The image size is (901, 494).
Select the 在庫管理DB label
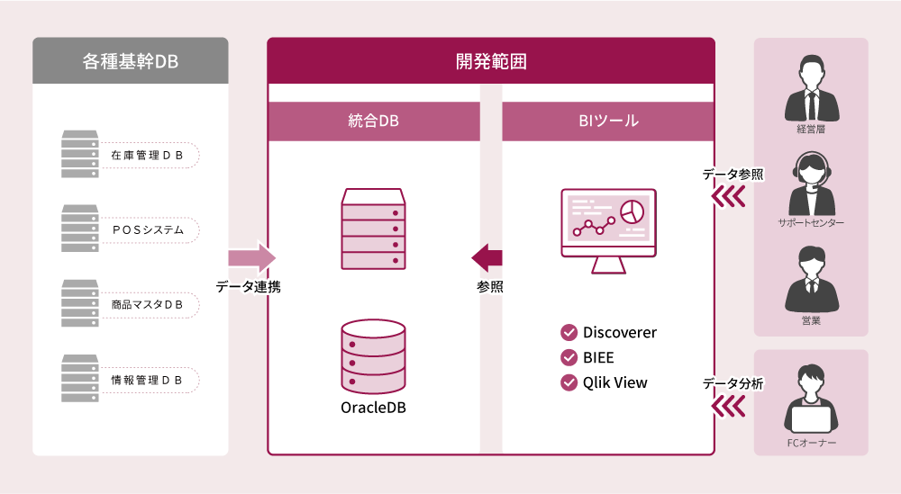[148, 156]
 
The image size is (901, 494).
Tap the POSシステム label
[148, 229]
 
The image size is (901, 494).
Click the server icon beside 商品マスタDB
[80, 303]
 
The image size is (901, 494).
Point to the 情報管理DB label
[148, 380]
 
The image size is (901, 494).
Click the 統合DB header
[373, 121]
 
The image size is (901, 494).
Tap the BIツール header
[608, 121]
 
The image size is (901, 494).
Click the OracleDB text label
[373, 408]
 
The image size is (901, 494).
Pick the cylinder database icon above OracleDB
[373, 356]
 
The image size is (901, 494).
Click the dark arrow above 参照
[487, 257]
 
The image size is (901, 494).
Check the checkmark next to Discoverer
[569, 332]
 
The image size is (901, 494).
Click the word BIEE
[598, 357]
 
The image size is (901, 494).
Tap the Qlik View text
[614, 382]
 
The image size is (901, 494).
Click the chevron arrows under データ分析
[729, 408]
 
